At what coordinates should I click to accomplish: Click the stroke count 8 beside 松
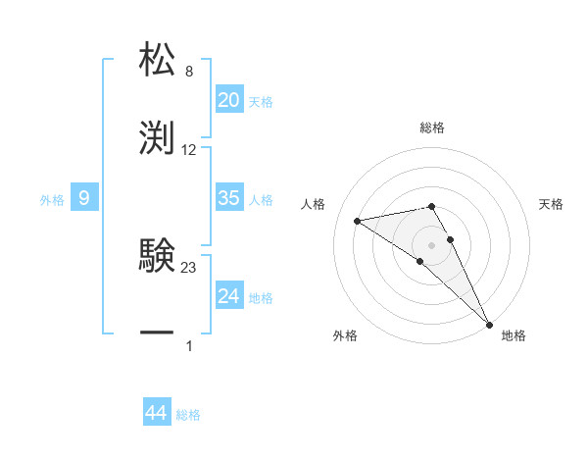pyautogui.click(x=189, y=72)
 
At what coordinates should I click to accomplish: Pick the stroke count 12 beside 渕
pyautogui.click(x=189, y=150)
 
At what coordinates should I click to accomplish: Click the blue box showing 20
pyautogui.click(x=228, y=100)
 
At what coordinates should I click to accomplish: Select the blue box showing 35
pyautogui.click(x=228, y=198)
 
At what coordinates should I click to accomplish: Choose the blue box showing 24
pyautogui.click(x=228, y=296)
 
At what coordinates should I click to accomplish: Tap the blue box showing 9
pyautogui.click(x=84, y=198)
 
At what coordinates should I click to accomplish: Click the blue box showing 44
pyautogui.click(x=157, y=414)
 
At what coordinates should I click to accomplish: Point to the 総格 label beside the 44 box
pyautogui.click(x=188, y=416)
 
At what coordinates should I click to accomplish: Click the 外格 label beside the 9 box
pyautogui.click(x=52, y=200)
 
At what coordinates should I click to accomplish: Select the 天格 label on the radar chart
pyautogui.click(x=551, y=204)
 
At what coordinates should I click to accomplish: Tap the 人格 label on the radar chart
pyautogui.click(x=315, y=204)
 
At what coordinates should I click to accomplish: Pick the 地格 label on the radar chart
pyautogui.click(x=514, y=335)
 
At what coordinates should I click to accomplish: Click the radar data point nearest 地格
pyautogui.click(x=490, y=325)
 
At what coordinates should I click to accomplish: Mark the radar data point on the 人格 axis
pyautogui.click(x=358, y=221)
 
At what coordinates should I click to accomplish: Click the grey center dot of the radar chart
pyautogui.click(x=431, y=244)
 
